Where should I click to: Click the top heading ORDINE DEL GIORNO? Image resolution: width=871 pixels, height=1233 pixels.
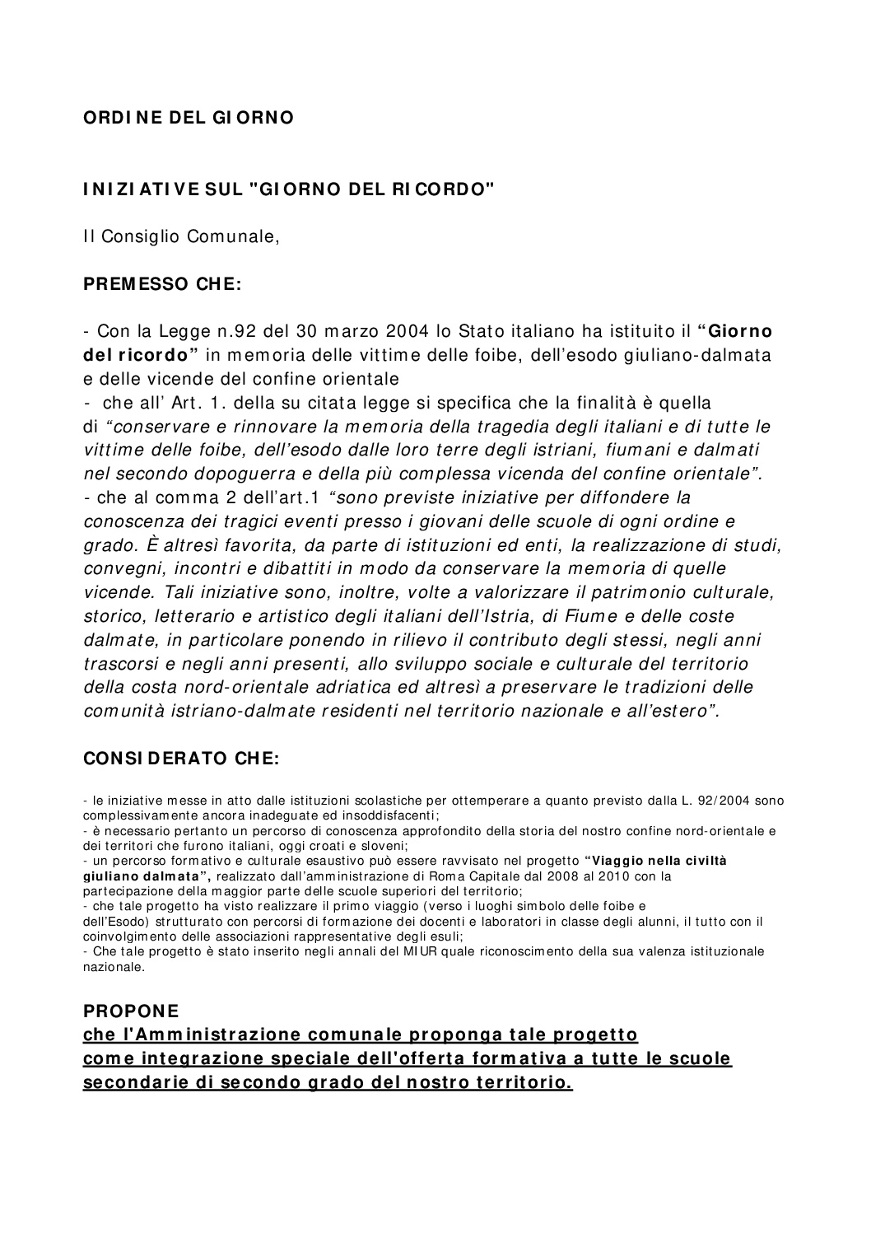pos(189,118)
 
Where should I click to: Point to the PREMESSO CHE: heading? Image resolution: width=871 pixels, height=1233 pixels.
pos(163,285)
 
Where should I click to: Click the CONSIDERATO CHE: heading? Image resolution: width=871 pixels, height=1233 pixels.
pos(182,759)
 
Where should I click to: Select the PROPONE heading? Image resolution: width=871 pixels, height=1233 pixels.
pos(131,1011)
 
